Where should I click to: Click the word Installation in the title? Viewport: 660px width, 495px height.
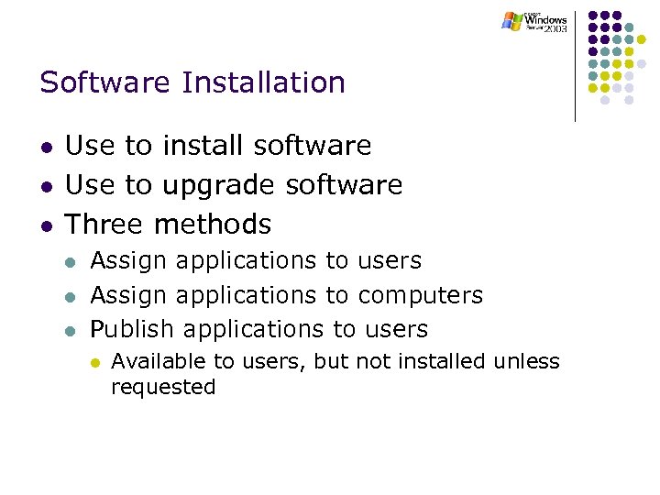[x=264, y=82]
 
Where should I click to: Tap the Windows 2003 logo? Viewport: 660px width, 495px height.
[x=536, y=22]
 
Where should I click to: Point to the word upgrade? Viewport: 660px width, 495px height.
[x=220, y=186]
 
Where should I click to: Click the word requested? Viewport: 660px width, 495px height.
[x=163, y=388]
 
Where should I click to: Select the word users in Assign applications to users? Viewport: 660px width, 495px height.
[x=390, y=261]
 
